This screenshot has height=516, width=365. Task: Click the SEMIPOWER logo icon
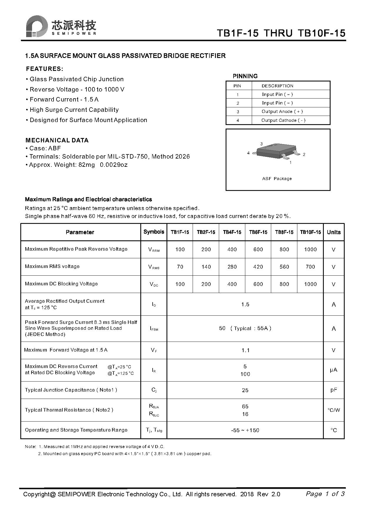[x=37, y=26]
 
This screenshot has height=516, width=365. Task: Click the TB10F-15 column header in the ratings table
[x=310, y=232]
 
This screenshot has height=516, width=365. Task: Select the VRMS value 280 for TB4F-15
[x=232, y=267]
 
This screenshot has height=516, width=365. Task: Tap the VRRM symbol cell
[x=154, y=250]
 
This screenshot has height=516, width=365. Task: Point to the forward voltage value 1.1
[x=245, y=350]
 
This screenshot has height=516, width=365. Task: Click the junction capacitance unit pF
[x=334, y=390]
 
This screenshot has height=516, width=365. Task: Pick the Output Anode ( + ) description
[x=282, y=111]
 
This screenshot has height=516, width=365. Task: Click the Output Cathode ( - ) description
[x=283, y=120]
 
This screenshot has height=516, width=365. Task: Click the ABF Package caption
[x=277, y=179]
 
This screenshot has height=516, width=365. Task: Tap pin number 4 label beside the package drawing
[x=249, y=153]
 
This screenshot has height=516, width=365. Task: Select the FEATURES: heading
[x=44, y=69]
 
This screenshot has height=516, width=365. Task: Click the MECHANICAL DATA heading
[x=57, y=140]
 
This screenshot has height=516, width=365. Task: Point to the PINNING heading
[x=245, y=76]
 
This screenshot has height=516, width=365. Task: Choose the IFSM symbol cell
[x=154, y=329]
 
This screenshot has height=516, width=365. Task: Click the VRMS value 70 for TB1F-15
[x=180, y=267]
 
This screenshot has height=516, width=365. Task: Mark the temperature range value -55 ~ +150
[x=245, y=430]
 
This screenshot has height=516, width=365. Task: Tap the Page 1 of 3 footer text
[x=325, y=494]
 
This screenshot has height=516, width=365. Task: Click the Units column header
[x=334, y=232]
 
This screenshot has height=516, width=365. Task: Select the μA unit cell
[x=334, y=370]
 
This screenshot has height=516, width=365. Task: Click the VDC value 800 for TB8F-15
[x=284, y=284]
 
